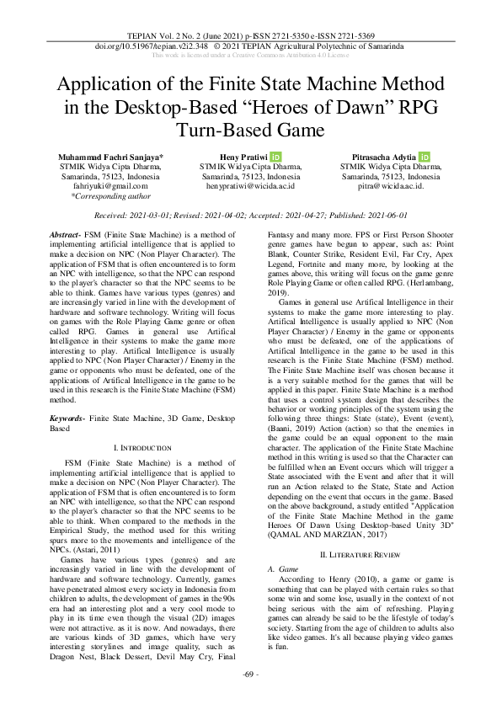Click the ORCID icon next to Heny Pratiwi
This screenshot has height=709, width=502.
[x=275, y=157]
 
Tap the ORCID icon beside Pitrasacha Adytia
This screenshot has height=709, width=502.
[x=425, y=157]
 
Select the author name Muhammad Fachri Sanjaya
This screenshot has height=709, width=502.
[x=110, y=157]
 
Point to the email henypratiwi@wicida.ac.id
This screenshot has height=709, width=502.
[x=251, y=186]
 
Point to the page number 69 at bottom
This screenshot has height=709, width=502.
[x=251, y=698]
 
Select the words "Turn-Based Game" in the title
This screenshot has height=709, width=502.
[x=250, y=130]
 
